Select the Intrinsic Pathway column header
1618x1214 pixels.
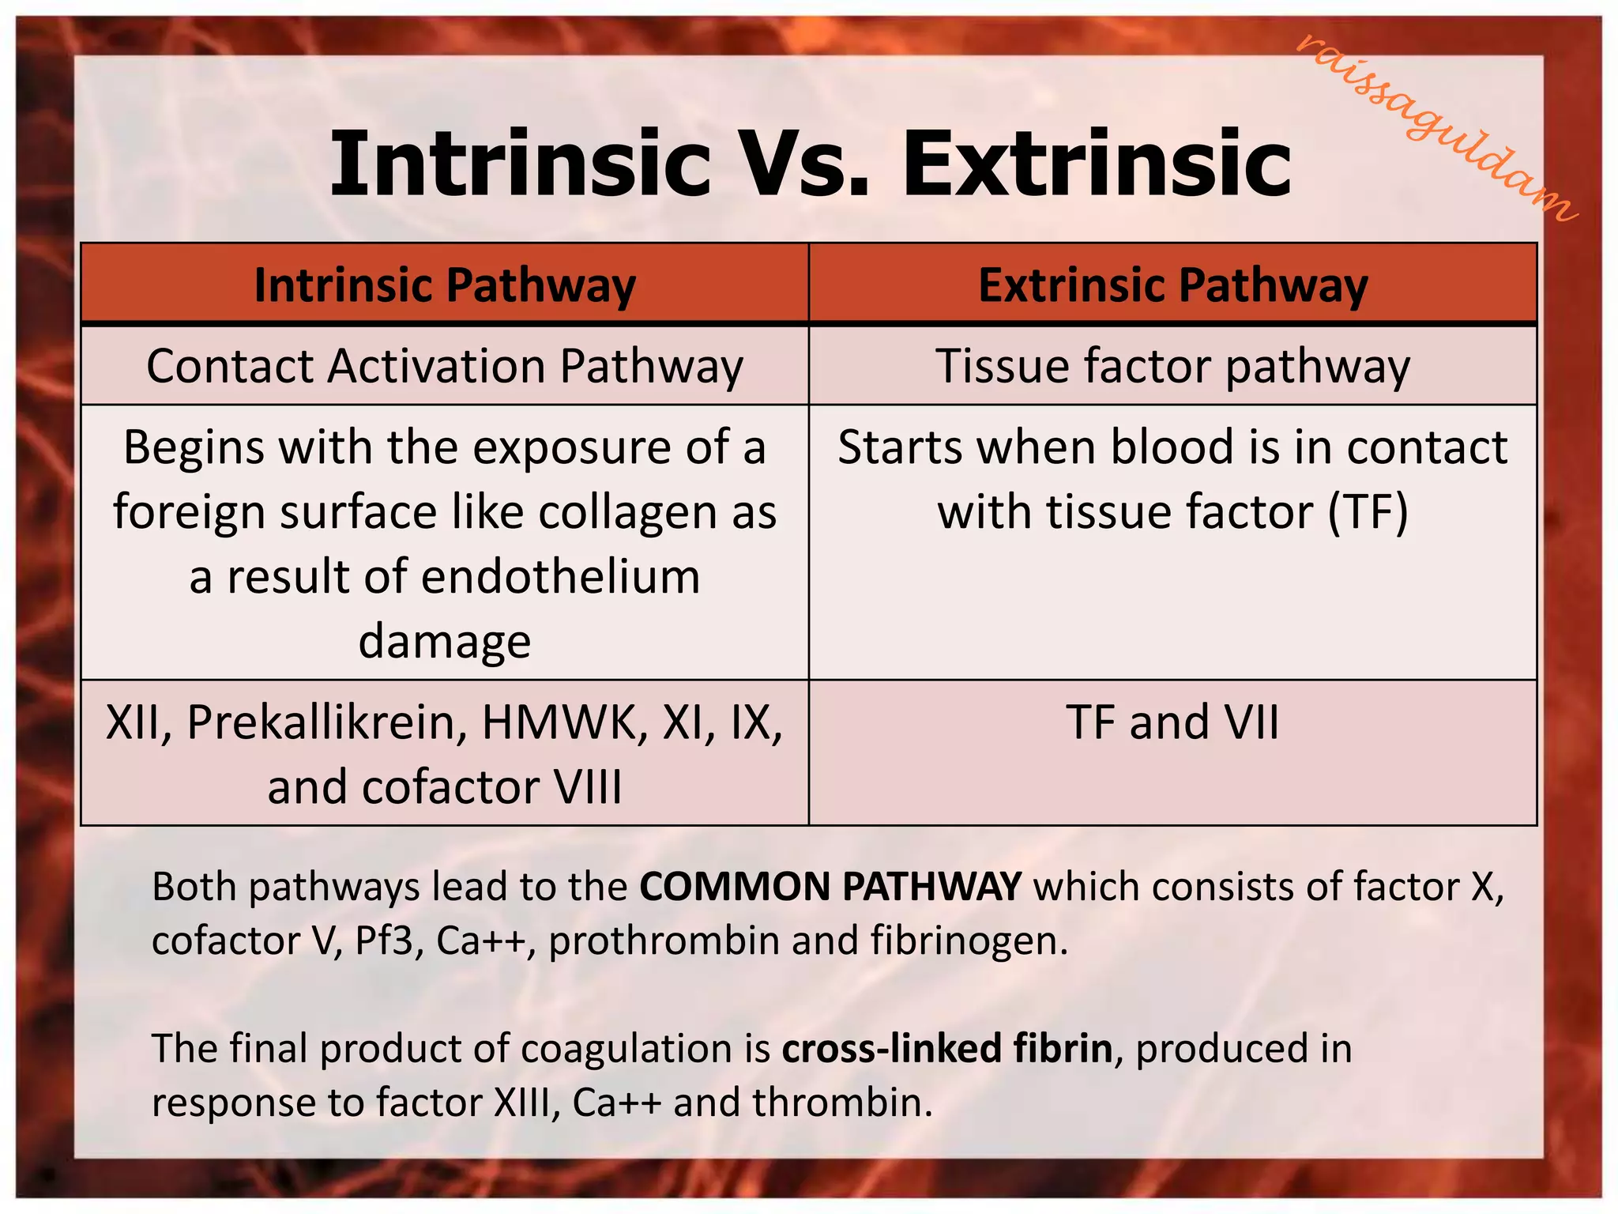tap(445, 285)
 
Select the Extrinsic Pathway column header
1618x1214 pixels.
tap(1172, 285)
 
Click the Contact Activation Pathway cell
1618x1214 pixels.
tap(445, 367)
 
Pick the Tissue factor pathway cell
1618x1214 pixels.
tap(1172, 367)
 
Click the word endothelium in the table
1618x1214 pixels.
tap(560, 577)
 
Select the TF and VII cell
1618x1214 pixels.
tap(1172, 722)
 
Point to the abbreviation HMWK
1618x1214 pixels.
tap(564, 722)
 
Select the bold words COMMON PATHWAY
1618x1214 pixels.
tap(830, 887)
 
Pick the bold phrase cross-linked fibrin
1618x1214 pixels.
tap(947, 1049)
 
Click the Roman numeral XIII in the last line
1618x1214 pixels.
tap(526, 1103)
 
